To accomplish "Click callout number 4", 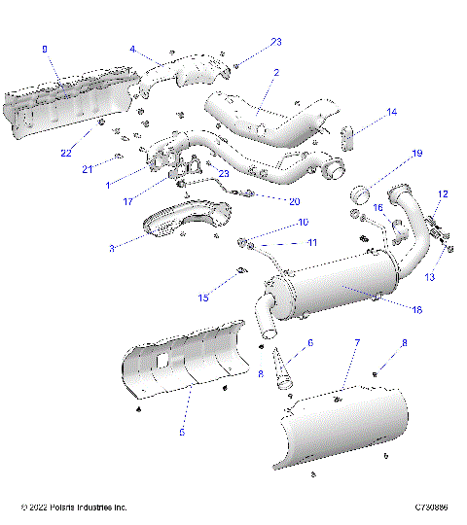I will [x=132, y=48].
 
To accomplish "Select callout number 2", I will [x=276, y=72].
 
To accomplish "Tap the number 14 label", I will [x=392, y=113].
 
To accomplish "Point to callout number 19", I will [x=416, y=154].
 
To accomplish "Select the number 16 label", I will [x=379, y=207].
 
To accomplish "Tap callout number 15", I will [x=203, y=297].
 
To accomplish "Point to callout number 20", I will [x=295, y=201].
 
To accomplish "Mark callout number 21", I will [x=87, y=169].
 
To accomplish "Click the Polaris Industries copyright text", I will [x=74, y=507].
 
